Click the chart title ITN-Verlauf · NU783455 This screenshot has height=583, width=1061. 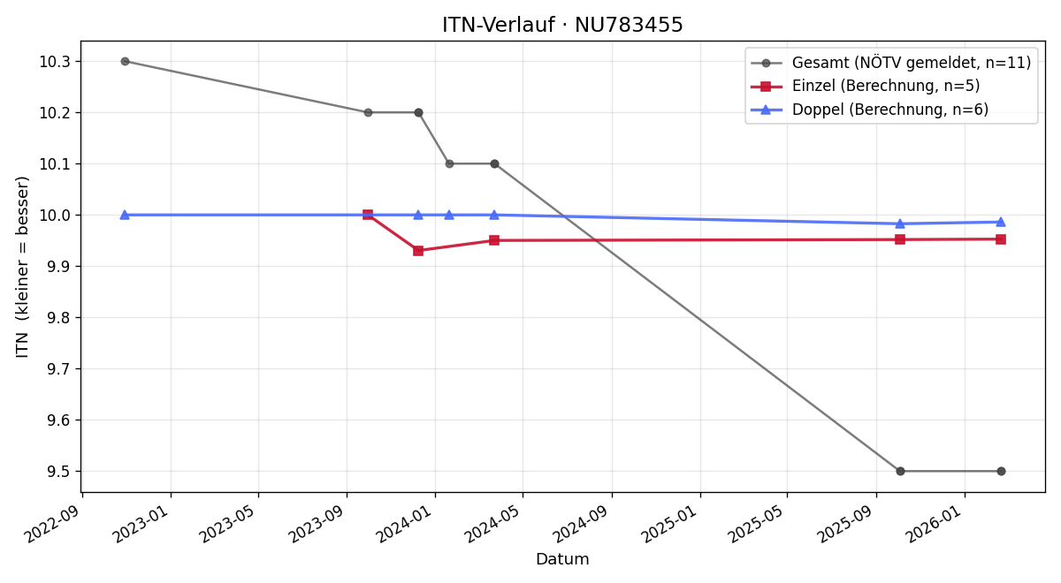click(562, 25)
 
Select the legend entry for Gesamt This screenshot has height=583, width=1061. click(890, 63)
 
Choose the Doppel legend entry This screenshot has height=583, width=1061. click(870, 110)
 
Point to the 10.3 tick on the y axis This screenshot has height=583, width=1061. click(55, 62)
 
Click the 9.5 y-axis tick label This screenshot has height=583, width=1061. click(58, 472)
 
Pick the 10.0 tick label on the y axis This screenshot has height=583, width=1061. click(55, 216)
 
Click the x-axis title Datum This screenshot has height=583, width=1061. click(562, 559)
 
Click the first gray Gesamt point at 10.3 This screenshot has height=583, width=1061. click(125, 62)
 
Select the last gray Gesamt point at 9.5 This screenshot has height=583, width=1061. click(1001, 472)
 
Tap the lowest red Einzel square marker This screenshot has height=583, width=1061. click(418, 251)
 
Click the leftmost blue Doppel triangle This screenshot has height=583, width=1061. click(125, 215)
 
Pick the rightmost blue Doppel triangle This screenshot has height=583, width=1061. click(1001, 222)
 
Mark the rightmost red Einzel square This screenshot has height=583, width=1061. click(1001, 239)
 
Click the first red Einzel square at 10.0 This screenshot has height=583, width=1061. click(368, 216)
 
